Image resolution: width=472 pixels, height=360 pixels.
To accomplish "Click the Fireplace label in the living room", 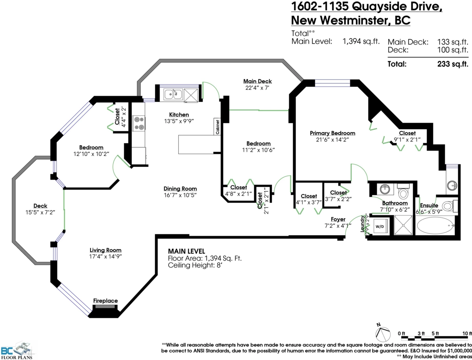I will click(x=105, y=301).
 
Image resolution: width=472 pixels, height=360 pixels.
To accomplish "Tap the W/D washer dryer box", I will click(x=380, y=227).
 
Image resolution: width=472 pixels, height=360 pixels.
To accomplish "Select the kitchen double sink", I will click(x=173, y=94).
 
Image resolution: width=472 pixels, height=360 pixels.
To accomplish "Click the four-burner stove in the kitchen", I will click(x=139, y=123).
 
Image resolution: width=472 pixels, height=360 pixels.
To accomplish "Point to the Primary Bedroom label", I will click(x=332, y=133).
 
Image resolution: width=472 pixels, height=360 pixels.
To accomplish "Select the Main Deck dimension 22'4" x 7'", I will click(x=257, y=88).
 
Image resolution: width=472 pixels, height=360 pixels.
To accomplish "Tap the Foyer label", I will click(x=338, y=219).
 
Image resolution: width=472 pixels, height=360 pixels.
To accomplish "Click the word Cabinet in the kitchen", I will click(x=217, y=127).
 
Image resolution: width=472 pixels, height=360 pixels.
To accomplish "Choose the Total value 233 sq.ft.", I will click(x=453, y=64).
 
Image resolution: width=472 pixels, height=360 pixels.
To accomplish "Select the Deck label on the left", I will click(x=40, y=206).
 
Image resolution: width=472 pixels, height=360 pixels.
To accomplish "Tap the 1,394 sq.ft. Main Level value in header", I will click(x=361, y=41).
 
